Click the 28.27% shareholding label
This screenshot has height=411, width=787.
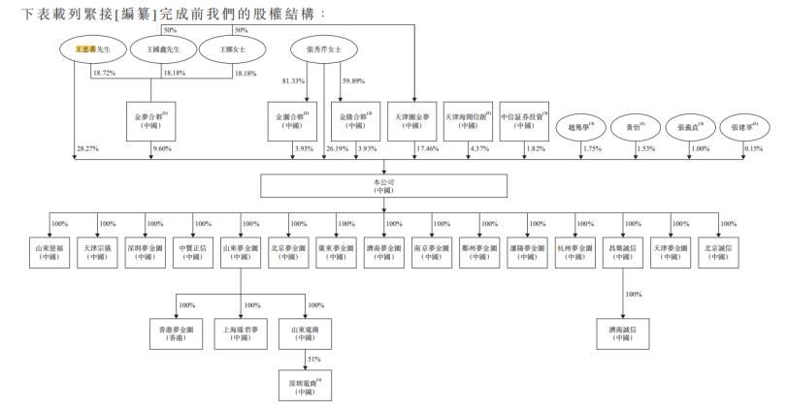(88, 148)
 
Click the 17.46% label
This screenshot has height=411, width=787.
(429, 148)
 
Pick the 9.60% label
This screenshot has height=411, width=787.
(160, 148)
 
